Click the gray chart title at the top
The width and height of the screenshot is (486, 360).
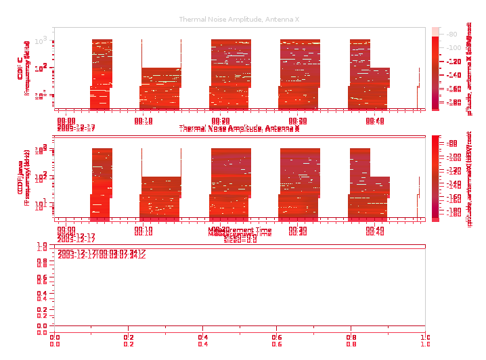click(x=240, y=20)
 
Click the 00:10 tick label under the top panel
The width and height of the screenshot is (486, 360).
click(x=143, y=121)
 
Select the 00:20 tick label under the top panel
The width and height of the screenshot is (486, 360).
click(x=221, y=121)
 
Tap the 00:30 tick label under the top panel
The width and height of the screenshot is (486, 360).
click(x=298, y=121)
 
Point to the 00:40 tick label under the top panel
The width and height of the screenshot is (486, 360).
click(x=375, y=121)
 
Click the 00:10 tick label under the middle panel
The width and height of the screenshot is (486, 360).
click(x=143, y=231)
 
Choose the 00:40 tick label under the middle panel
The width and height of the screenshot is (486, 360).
click(x=375, y=231)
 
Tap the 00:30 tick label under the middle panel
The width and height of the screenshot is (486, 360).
click(x=298, y=231)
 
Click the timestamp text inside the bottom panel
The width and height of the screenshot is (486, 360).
click(x=101, y=254)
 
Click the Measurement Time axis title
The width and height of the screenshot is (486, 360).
click(x=240, y=232)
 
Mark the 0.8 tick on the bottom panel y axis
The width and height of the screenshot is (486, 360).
click(x=42, y=260)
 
